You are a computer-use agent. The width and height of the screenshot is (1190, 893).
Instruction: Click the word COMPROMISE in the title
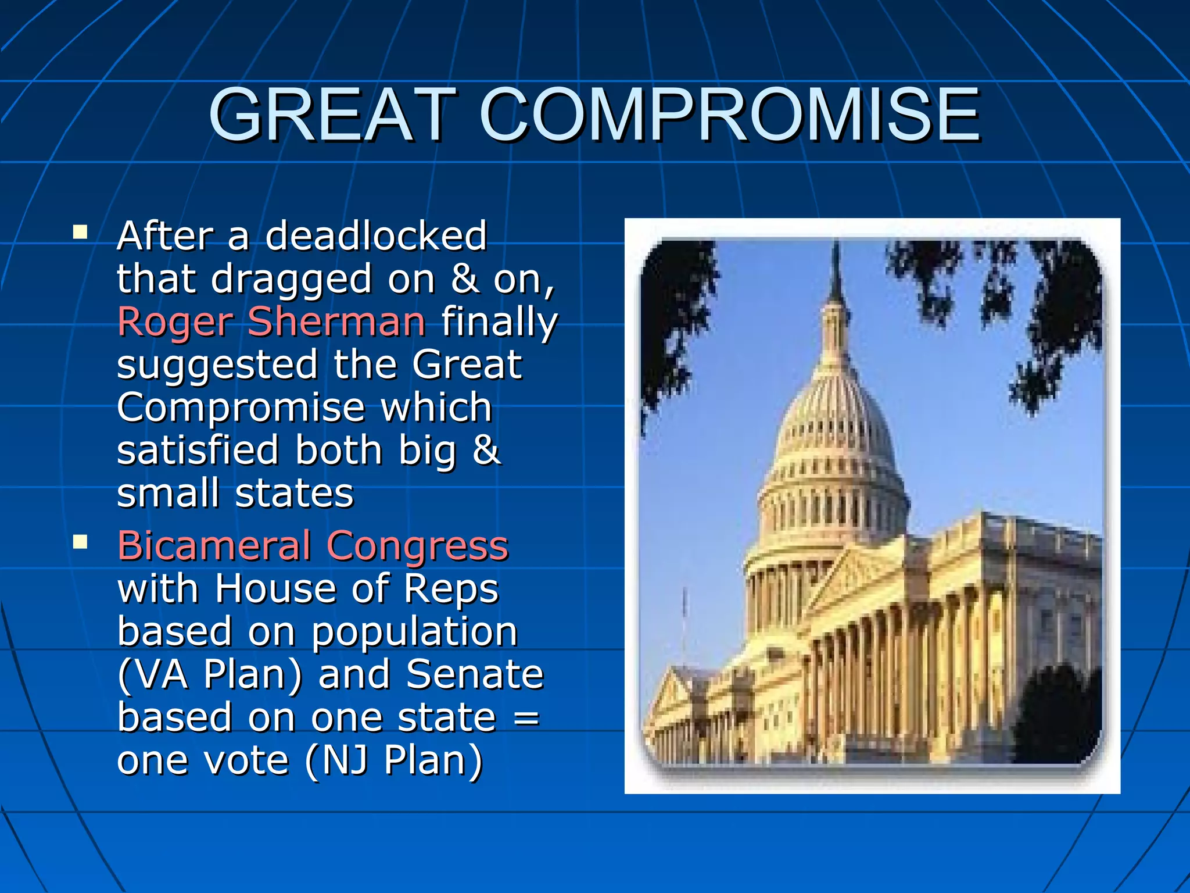click(x=730, y=115)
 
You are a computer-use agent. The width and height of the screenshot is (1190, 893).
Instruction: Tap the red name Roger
click(x=174, y=323)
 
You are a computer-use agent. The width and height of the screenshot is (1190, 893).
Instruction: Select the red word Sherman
click(x=336, y=322)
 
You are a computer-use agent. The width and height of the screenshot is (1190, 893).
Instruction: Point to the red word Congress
click(x=417, y=547)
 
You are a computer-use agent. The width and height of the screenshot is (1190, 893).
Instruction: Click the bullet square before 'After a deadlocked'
click(x=80, y=233)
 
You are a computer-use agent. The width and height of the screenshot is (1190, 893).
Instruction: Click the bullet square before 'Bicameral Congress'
click(x=80, y=543)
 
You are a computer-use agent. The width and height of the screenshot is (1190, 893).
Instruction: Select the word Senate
click(x=475, y=675)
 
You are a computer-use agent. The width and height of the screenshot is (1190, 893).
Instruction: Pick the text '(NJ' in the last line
click(x=336, y=761)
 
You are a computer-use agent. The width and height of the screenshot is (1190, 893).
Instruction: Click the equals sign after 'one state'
click(x=526, y=719)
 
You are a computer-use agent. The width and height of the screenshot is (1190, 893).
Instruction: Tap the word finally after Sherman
click(x=499, y=323)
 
